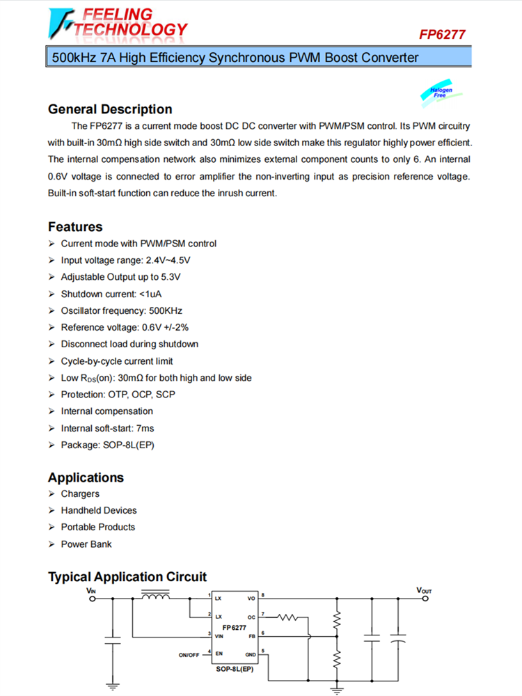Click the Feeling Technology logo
118,22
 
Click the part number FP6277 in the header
442,35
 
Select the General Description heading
110,109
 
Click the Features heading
75,227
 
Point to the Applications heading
86,477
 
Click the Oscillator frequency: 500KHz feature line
121,310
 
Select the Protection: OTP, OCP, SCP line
118,395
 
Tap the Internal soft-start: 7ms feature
107,428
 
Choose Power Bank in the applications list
86,544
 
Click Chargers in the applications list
80,493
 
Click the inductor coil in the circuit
155,596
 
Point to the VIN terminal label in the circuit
91,590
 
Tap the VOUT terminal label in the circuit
424,590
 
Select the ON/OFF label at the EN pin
189,654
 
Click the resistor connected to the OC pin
287,617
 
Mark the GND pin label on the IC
251,654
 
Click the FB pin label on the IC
252,635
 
